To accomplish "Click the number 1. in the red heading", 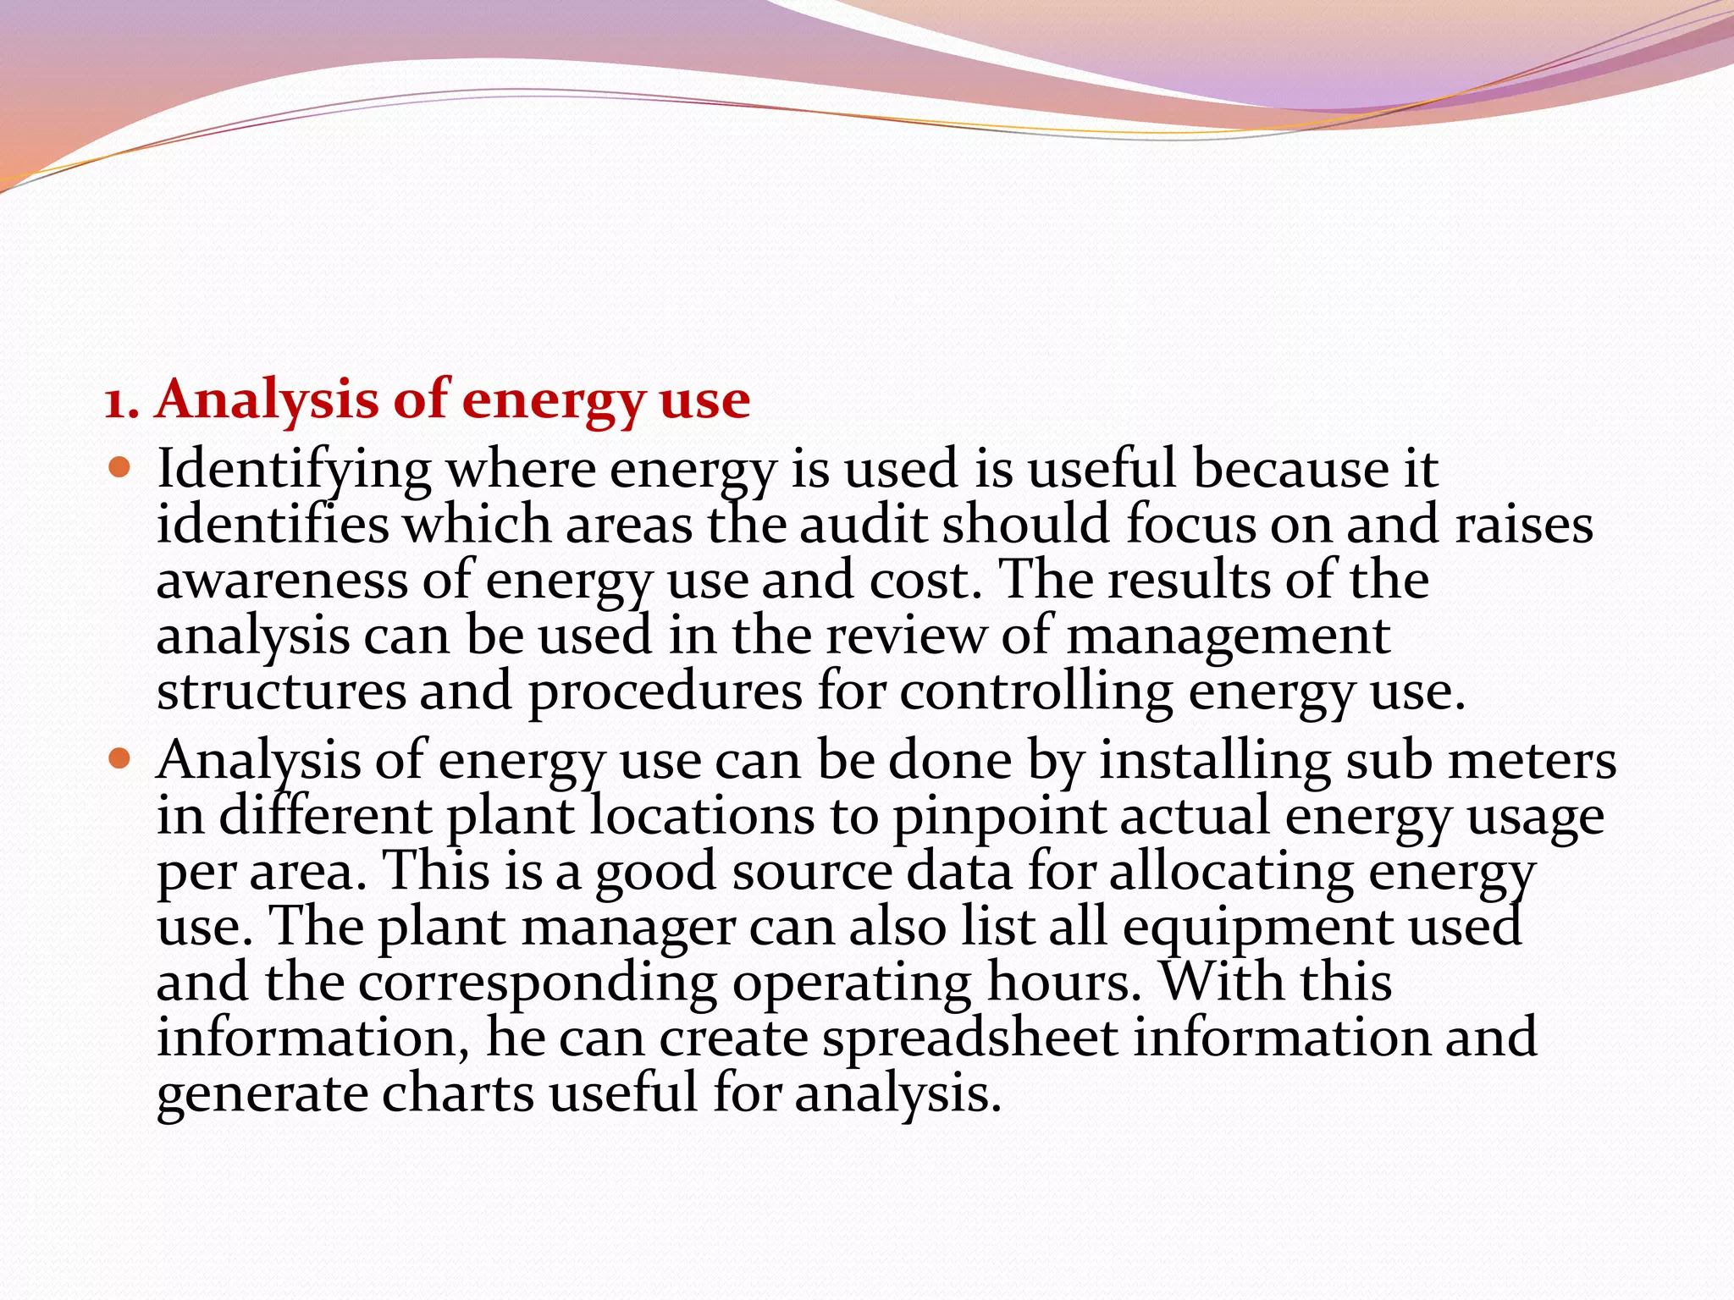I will (x=122, y=400).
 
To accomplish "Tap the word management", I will (x=1228, y=636).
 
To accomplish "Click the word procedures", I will (x=665, y=692).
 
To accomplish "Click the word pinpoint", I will (x=1000, y=816).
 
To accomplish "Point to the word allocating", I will (x=1231, y=872).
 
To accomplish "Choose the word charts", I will (x=458, y=1093).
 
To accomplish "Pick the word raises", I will (x=1524, y=525).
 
